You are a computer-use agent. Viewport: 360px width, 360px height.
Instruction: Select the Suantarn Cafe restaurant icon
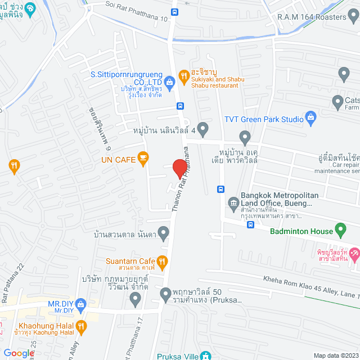[163, 260]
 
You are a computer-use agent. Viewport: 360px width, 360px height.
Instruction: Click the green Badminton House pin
[340, 229]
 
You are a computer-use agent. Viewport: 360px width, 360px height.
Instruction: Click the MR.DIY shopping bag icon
[80, 304]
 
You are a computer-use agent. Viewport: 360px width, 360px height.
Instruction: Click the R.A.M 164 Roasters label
[312, 17]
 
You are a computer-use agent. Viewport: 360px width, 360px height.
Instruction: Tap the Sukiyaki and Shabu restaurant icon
[183, 75]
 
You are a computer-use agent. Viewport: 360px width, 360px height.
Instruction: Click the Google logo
[18, 353]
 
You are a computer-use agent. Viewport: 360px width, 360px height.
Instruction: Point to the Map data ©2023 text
[336, 355]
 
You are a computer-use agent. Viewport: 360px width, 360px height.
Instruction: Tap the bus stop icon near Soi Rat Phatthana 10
[175, 11]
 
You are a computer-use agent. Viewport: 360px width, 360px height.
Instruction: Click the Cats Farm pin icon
[337, 102]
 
